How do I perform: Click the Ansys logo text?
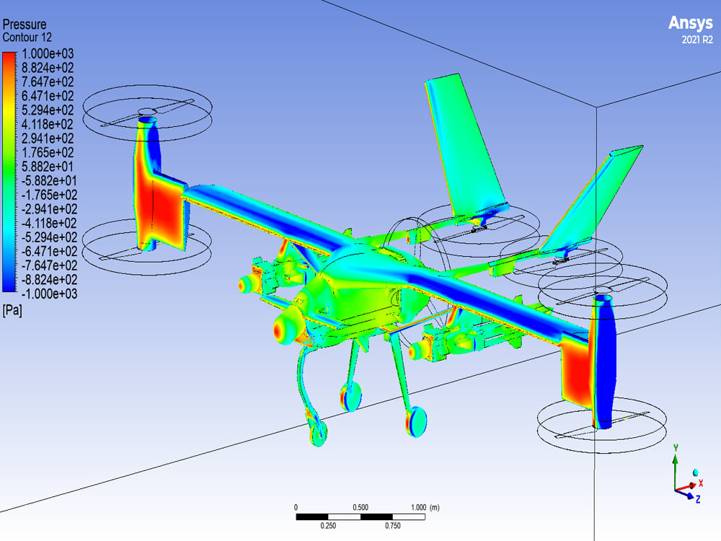click(690, 23)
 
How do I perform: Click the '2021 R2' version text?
click(697, 40)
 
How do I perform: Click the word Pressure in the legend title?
click(25, 25)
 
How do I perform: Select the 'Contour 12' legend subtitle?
click(27, 38)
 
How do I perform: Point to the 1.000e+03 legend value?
click(48, 54)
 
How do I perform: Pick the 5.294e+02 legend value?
click(48, 110)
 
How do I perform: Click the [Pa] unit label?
click(12, 310)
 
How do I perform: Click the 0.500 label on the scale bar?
click(360, 507)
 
